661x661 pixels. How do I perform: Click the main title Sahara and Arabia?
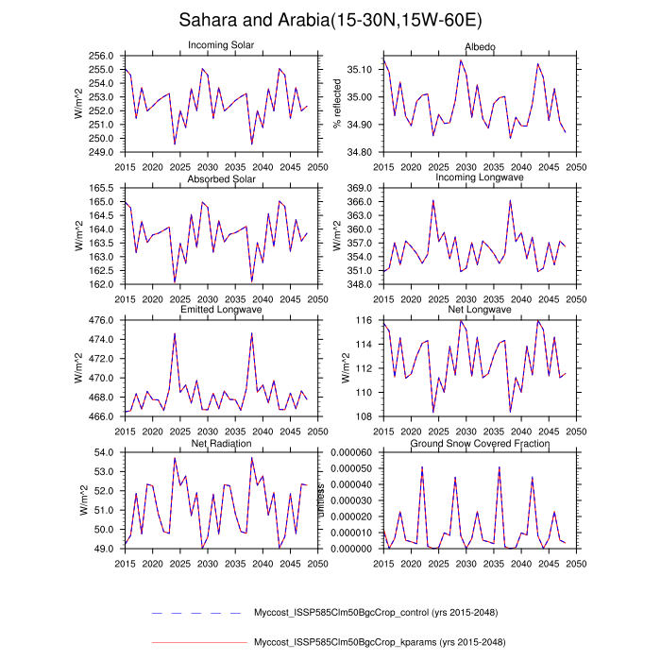tap(330, 21)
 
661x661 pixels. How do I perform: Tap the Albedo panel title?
tap(480, 47)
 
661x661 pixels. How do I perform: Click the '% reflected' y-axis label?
tap(337, 104)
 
